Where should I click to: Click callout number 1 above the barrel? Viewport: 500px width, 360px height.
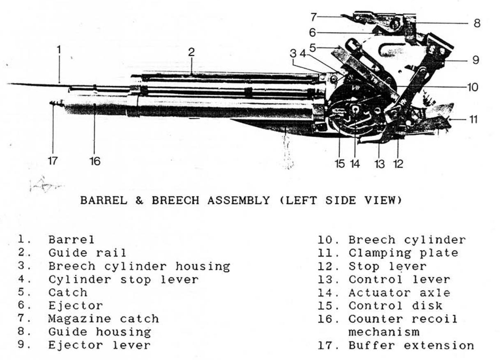[59, 50]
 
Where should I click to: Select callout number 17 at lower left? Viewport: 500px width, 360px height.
[53, 161]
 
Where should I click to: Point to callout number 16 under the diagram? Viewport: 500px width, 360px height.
[94, 161]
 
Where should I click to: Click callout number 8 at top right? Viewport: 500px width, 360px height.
[477, 23]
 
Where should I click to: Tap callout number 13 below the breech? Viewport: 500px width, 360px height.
[380, 164]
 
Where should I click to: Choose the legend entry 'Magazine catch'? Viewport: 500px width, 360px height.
[103, 319]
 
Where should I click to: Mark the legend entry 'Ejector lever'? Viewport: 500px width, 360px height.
[99, 345]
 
